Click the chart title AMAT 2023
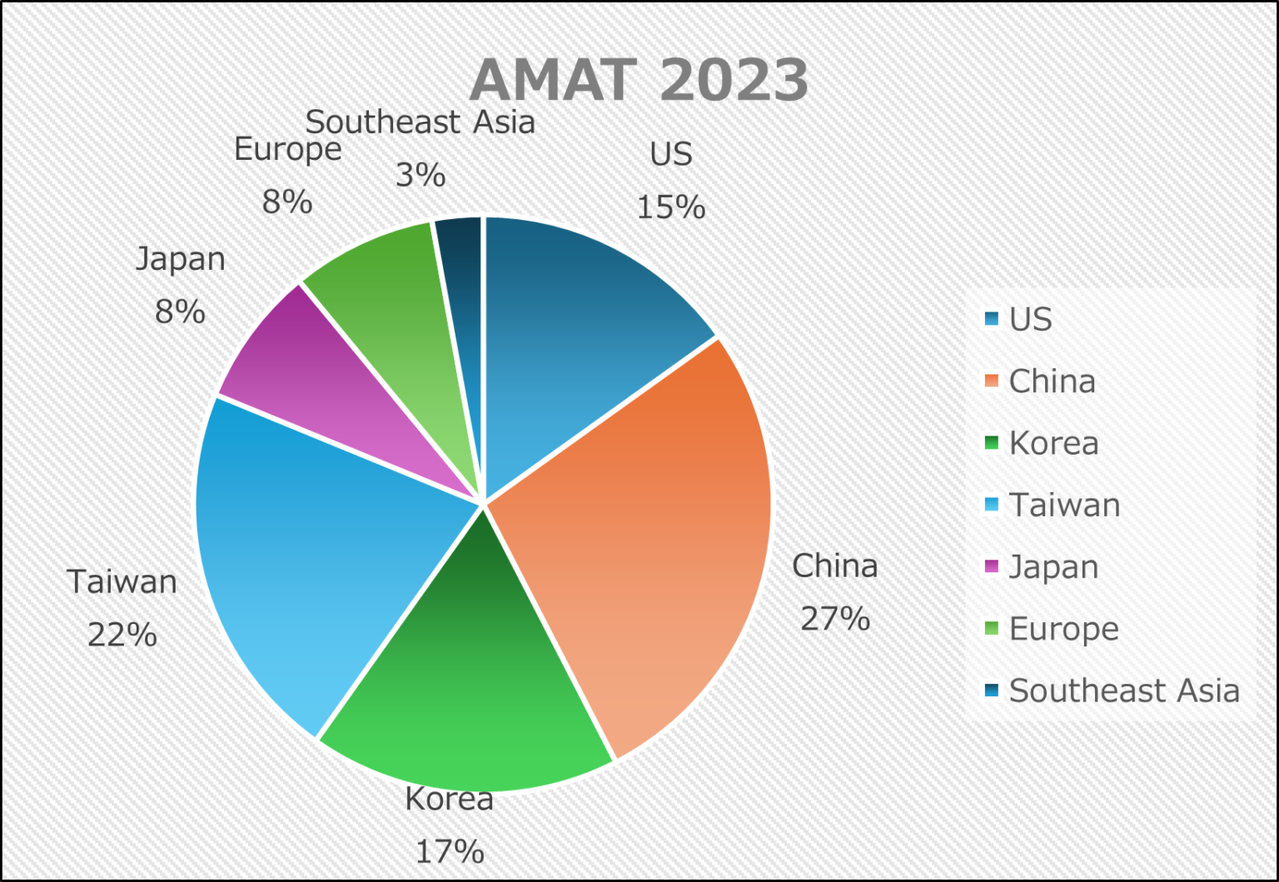click(639, 80)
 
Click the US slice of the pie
click(575, 333)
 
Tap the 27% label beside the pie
click(834, 619)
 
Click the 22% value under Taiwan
click(122, 635)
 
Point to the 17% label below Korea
click(450, 851)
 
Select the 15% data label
click(670, 207)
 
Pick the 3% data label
click(420, 175)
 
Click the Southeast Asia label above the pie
click(420, 122)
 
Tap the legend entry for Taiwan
click(1064, 506)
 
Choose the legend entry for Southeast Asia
click(1123, 690)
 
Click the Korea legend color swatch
click(991, 443)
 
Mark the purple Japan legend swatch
click(991, 567)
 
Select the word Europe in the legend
click(1063, 629)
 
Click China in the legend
click(1052, 381)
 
